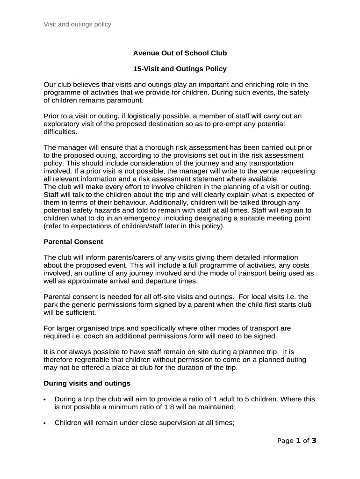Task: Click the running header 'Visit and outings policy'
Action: [77, 24]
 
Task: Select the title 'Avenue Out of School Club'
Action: [180, 53]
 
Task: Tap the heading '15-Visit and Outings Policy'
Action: [180, 69]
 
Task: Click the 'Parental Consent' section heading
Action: [73, 242]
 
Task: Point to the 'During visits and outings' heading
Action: [86, 383]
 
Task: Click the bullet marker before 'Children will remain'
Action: [44, 423]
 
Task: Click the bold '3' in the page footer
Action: [314, 441]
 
